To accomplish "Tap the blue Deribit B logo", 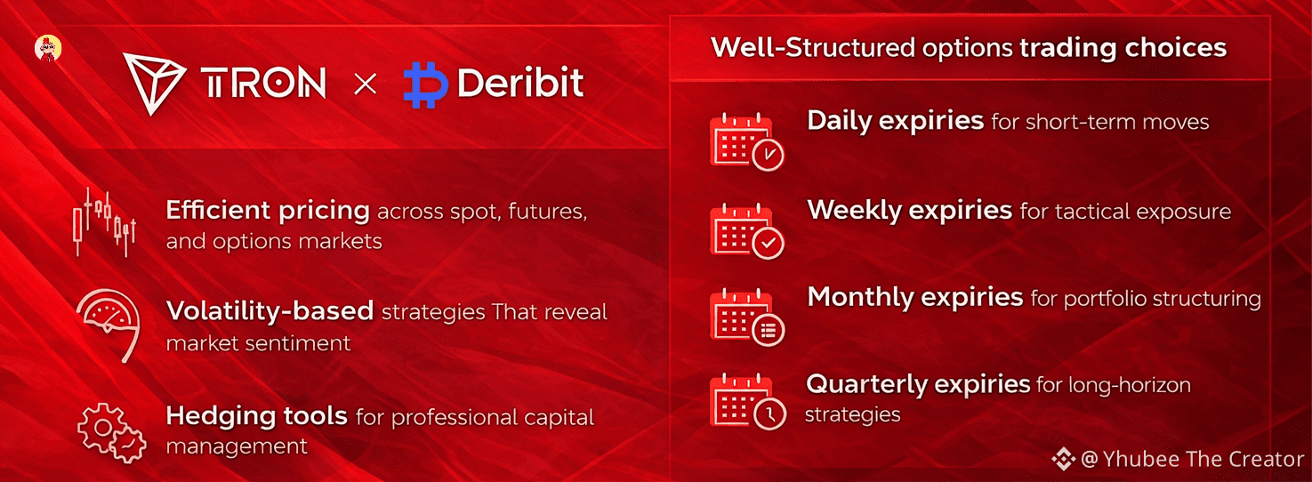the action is pos(426,84).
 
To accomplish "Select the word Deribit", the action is pos(520,83).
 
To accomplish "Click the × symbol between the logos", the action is pos(366,84).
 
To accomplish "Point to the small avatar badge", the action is pos(48,48).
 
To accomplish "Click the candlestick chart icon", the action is pos(104,222).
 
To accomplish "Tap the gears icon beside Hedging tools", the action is pos(112,433).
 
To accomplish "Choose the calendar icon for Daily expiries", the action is pos(747,141).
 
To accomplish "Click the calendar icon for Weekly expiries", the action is pos(747,230).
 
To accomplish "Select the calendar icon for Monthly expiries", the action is pos(747,317).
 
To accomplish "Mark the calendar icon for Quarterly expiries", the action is pos(747,402).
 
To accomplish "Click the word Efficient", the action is pos(219,210).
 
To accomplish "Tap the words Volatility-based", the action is pos(270,311).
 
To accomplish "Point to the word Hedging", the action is pos(221,417).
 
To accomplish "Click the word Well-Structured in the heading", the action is pos(812,47).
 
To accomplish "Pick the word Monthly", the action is pos(860,298).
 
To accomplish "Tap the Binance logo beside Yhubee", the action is pos(1063,459).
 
